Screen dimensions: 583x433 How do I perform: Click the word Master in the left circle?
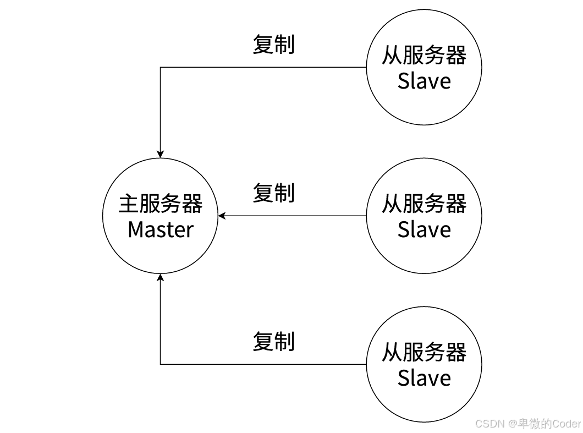160,229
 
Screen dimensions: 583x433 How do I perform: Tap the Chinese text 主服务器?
160,204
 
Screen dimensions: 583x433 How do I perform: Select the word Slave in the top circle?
424,81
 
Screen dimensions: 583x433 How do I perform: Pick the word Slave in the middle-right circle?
424,229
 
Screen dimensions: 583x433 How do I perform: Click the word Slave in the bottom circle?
424,378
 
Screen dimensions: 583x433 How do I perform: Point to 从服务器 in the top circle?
424,55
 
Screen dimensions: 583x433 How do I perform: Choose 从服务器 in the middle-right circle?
424,204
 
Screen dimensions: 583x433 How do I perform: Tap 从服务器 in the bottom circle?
424,352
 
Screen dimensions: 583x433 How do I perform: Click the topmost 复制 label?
273,44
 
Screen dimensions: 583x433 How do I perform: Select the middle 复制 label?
273,193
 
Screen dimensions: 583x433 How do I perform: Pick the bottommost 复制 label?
273,341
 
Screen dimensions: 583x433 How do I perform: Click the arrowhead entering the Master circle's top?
160,154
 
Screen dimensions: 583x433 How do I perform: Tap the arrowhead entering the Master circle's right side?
222,216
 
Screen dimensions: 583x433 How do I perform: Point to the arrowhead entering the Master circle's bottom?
160,277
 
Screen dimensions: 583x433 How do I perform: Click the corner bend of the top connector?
160,68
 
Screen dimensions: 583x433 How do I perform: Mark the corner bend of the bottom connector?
160,364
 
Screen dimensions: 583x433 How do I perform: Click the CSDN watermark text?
490,424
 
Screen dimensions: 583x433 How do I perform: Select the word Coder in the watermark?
566,424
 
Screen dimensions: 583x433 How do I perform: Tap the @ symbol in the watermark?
512,424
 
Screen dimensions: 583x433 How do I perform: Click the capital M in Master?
135,229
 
